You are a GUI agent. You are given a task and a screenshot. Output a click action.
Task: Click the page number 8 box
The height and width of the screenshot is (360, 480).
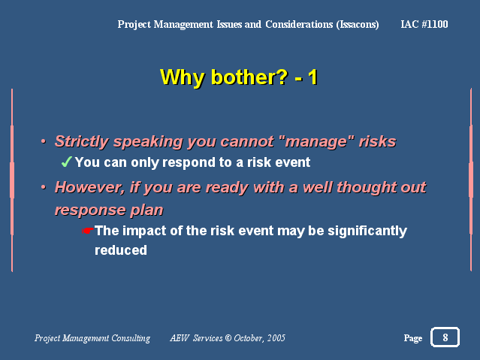pyautogui.click(x=445, y=337)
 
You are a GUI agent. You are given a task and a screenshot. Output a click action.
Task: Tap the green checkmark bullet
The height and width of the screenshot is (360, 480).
pyautogui.click(x=66, y=162)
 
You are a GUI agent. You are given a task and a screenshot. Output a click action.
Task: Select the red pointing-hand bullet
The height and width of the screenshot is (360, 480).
pyautogui.click(x=88, y=231)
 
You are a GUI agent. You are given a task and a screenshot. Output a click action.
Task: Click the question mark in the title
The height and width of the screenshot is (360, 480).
pyautogui.click(x=282, y=77)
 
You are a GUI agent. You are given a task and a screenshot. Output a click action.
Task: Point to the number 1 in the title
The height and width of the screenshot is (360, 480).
pyautogui.click(x=312, y=77)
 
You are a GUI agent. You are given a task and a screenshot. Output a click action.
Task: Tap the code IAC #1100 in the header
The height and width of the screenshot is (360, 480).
pyautogui.click(x=424, y=24)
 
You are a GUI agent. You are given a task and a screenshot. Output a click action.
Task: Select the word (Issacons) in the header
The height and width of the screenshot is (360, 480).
pyautogui.click(x=358, y=25)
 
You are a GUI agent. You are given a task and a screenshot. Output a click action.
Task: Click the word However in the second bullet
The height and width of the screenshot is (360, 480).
pyautogui.click(x=89, y=187)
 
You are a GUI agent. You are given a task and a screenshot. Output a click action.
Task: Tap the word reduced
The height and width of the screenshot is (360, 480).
pyautogui.click(x=121, y=250)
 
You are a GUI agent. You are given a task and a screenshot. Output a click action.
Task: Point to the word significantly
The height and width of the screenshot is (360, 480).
pyautogui.click(x=367, y=231)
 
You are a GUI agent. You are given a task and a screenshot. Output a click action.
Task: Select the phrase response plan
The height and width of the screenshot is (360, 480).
pyautogui.click(x=109, y=210)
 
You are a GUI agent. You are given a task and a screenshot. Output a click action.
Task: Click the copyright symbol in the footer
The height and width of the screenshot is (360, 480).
pyautogui.click(x=228, y=338)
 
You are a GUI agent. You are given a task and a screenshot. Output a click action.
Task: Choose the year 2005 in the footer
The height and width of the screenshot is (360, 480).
pyautogui.click(x=276, y=338)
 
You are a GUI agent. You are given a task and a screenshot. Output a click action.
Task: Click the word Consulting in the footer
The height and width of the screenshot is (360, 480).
pyautogui.click(x=131, y=338)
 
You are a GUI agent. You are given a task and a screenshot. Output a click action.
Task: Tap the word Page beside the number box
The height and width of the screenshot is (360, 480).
pyautogui.click(x=413, y=338)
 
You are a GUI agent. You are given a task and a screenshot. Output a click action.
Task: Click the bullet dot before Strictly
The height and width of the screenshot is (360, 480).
pyautogui.click(x=44, y=141)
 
